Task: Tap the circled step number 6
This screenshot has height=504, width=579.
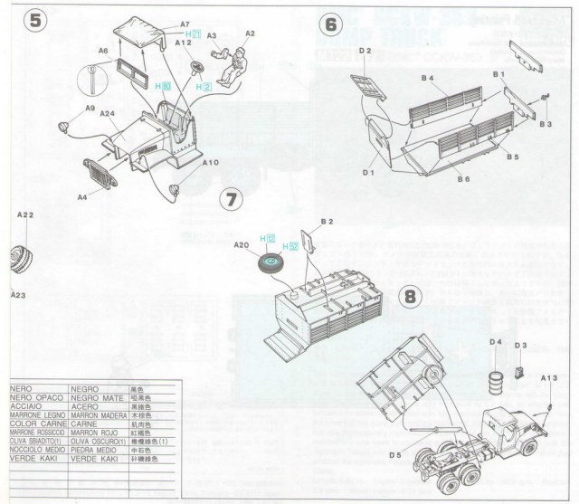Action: pos(331,23)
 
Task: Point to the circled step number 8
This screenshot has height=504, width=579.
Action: pos(410,296)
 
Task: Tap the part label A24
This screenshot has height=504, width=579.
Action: pos(108,114)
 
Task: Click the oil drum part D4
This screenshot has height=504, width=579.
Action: pos(495,375)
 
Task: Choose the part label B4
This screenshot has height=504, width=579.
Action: pos(427,79)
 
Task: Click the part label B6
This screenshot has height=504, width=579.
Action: pos(463,178)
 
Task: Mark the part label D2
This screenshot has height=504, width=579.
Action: pos(365,51)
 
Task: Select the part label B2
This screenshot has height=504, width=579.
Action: pos(327,221)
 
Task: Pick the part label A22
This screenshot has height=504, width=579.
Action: pos(24,214)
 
